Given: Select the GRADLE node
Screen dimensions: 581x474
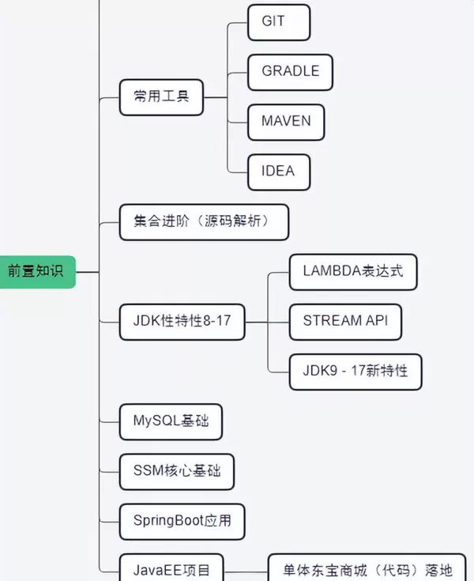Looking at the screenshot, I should pos(290,72).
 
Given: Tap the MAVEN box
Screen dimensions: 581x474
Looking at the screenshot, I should pos(285,122).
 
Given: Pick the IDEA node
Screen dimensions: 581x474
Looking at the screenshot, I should pos(278,172).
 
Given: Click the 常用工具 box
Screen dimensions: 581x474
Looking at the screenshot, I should pos(160,97).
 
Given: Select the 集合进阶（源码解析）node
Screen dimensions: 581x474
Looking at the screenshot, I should pos(203,222).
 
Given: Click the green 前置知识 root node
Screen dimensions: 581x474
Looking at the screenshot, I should pos(36,271).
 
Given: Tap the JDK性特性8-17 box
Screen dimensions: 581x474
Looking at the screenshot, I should pos(182,321).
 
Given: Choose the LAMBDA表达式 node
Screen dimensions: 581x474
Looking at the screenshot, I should pos(352,271).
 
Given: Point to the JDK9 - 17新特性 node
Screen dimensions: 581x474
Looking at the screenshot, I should pos(355,370).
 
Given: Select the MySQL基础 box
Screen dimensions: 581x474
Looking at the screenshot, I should pos(171,421).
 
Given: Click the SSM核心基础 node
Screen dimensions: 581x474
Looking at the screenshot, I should pos(177,472).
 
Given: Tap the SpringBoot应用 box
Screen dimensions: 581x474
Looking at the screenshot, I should pos(182,522).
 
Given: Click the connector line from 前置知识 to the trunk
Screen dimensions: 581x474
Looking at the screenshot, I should pos(87,271).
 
